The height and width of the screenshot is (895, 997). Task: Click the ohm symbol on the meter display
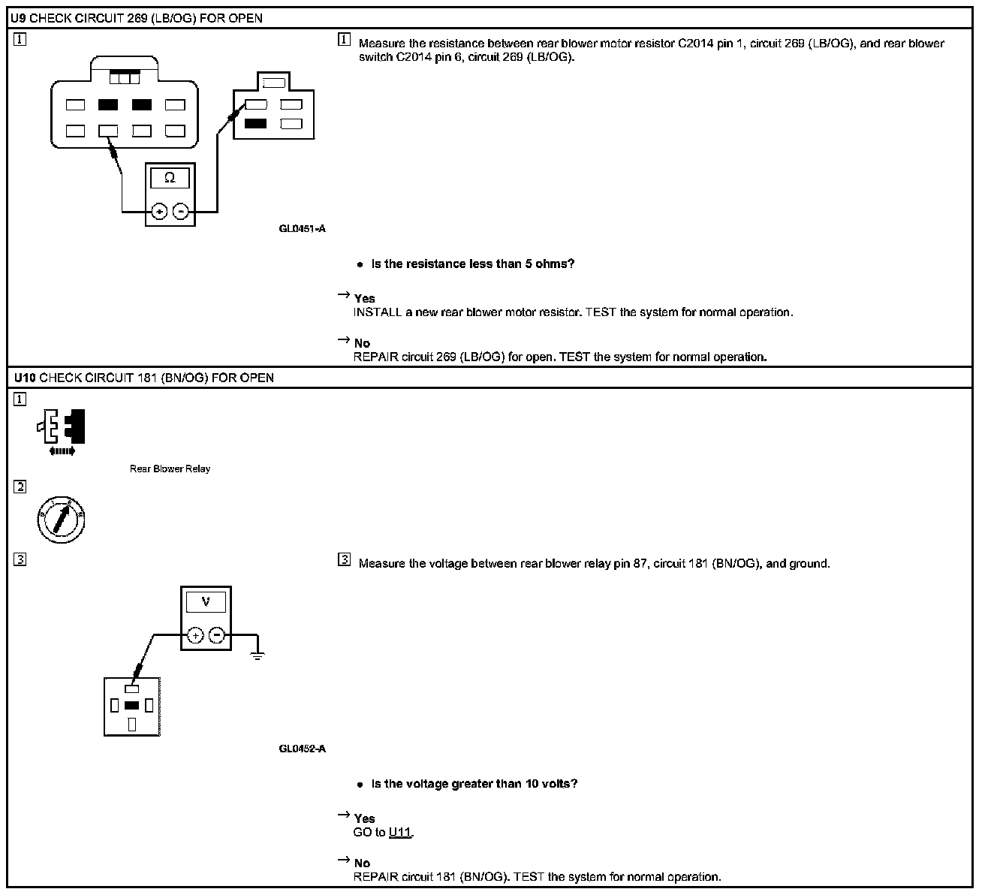(x=170, y=178)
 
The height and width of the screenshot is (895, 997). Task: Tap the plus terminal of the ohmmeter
(x=159, y=212)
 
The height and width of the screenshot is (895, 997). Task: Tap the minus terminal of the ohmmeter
(x=181, y=212)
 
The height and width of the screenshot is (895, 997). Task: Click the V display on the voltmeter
(x=206, y=601)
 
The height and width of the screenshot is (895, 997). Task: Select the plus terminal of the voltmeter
(x=194, y=635)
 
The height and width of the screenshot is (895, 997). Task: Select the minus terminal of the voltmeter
(x=217, y=635)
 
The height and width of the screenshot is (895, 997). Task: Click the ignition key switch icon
(x=61, y=520)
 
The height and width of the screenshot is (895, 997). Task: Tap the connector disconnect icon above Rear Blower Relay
(x=62, y=431)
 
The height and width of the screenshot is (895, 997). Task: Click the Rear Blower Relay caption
(x=170, y=469)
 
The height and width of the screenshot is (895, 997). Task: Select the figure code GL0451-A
(x=302, y=228)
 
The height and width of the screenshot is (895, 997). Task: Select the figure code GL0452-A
(x=302, y=749)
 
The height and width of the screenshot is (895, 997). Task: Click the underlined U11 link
(x=400, y=833)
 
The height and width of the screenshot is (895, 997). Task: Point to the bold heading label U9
(x=18, y=18)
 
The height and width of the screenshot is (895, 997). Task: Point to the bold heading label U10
(x=23, y=378)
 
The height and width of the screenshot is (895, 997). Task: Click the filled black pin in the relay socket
(x=132, y=705)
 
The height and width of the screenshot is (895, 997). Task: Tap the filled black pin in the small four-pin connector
(x=255, y=124)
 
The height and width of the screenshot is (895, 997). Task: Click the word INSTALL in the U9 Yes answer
(x=377, y=312)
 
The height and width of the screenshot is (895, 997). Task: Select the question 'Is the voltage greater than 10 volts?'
(x=474, y=784)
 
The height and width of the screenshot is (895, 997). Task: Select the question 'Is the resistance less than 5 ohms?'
(x=473, y=264)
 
